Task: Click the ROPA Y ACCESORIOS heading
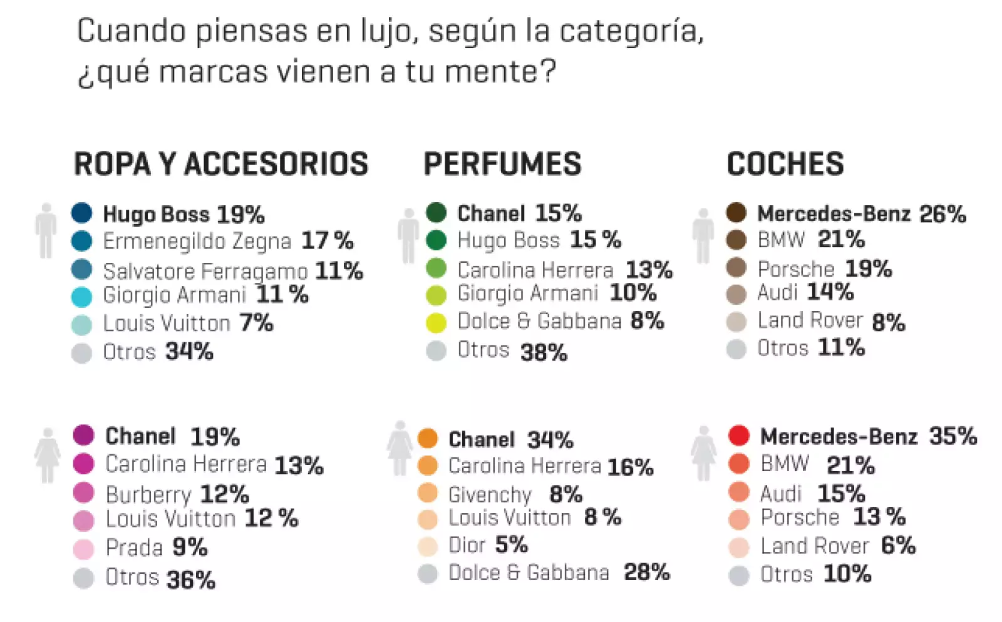point(220,164)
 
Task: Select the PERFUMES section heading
point(502,164)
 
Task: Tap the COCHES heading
point(785,164)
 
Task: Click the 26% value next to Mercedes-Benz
point(943,214)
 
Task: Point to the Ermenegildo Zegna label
point(197,241)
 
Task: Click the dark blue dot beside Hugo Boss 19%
point(82,213)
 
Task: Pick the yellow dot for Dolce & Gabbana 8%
point(436,322)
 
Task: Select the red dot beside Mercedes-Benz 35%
point(739,436)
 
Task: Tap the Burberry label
point(148,494)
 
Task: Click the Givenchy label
point(490,494)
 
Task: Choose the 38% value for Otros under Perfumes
point(544,352)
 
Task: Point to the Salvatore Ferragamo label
point(205,271)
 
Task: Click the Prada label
point(134,548)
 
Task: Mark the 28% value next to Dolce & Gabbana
point(646,572)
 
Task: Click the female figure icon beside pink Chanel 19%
point(48,455)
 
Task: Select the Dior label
point(467,545)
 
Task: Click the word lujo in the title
point(389,31)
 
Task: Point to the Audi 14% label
point(805,292)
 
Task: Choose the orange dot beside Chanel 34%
point(428,438)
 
